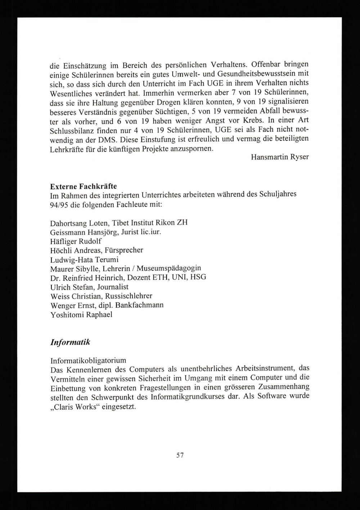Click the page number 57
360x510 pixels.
[x=180, y=455]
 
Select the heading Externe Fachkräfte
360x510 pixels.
[x=84, y=186]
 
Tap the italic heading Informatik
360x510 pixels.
[x=70, y=342]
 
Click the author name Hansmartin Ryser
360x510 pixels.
[x=280, y=157]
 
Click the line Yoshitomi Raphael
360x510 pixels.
[x=81, y=314]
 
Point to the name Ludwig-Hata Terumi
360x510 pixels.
[x=85, y=259]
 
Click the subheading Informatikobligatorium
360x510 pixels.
[x=88, y=360]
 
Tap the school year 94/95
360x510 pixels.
[x=58, y=204]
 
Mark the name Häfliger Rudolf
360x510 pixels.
[x=76, y=241]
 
